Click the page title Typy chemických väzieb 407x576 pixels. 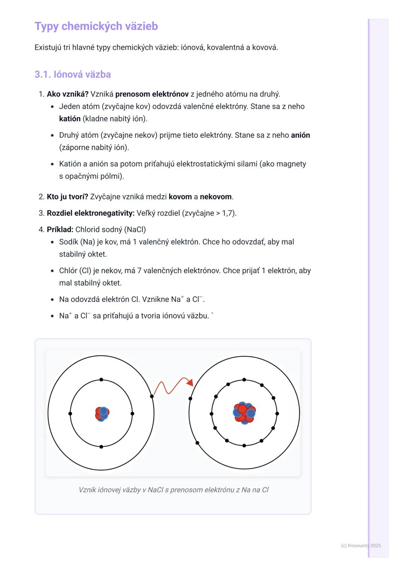pyautogui.click(x=96, y=26)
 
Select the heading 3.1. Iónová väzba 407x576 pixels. pyautogui.click(x=73, y=74)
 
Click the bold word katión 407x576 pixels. pyautogui.click(x=70, y=119)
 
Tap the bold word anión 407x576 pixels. pyautogui.click(x=300, y=135)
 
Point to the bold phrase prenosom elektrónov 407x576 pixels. pyautogui.click(x=152, y=94)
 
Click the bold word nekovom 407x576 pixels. pyautogui.click(x=216, y=197)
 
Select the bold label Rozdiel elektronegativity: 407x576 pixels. pyautogui.click(x=90, y=213)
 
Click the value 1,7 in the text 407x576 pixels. pyautogui.click(x=227, y=213)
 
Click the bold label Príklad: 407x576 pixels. pyautogui.click(x=60, y=230)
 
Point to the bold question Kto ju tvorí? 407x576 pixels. pyautogui.click(x=67, y=197)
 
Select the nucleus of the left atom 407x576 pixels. pyautogui.click(x=102, y=414)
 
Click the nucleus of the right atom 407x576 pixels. pyautogui.click(x=244, y=413)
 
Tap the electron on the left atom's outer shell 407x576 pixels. pyautogui.click(x=152, y=396)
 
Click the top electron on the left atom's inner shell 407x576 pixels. pyautogui.click(x=101, y=380)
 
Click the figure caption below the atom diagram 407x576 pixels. pyautogui.click(x=173, y=490)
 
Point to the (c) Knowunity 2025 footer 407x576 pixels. pyautogui.click(x=361, y=545)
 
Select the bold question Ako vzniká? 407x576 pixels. pyautogui.click(x=67, y=94)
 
